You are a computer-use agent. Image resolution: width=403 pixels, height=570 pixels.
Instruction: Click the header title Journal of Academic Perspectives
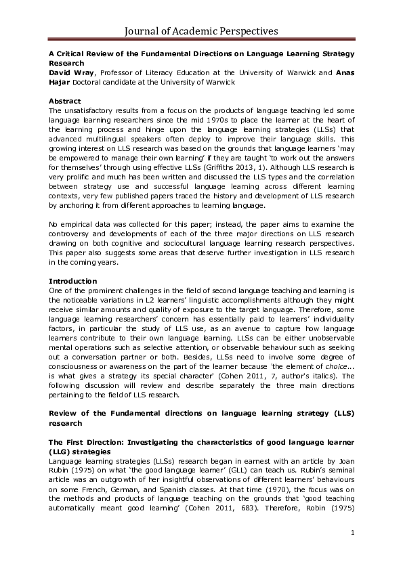click(x=201, y=30)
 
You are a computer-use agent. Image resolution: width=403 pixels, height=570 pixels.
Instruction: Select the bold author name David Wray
click(x=71, y=72)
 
